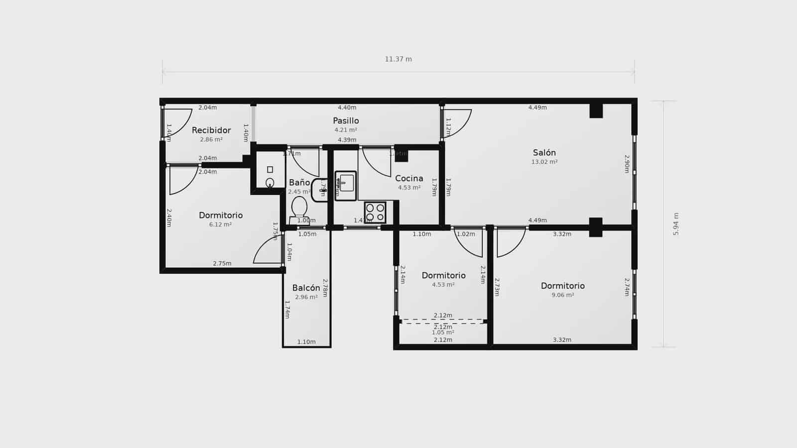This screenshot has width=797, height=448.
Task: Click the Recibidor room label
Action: [x=211, y=130]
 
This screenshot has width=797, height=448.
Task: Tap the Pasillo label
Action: [x=346, y=120]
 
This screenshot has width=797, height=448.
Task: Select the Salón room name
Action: [x=544, y=153]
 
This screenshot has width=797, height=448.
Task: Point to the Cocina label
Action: [x=409, y=178]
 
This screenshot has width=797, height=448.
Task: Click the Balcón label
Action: [x=306, y=288]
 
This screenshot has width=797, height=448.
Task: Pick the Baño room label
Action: [x=299, y=183]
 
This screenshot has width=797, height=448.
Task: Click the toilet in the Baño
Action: [x=299, y=208]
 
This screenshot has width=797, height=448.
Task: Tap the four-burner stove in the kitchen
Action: [x=375, y=212]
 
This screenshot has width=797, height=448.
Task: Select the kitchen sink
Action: [x=346, y=185]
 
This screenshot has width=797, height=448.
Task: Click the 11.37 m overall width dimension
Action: [x=398, y=59]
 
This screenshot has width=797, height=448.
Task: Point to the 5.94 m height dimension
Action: [x=676, y=224]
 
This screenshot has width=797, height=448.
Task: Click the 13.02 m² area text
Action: [x=544, y=162]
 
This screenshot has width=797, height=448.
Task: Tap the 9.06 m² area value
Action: [x=562, y=295]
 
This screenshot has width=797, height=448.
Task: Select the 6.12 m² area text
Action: [x=220, y=224]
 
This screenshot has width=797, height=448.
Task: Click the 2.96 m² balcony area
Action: [x=306, y=297]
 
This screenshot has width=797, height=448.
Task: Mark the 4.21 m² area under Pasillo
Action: [x=346, y=130]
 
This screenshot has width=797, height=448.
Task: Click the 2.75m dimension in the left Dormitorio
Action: [x=222, y=263]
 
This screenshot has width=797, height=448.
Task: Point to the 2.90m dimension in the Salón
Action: [x=627, y=164]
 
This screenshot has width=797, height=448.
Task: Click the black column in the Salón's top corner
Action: [x=596, y=111]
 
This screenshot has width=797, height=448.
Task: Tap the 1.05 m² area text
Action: [x=443, y=333]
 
